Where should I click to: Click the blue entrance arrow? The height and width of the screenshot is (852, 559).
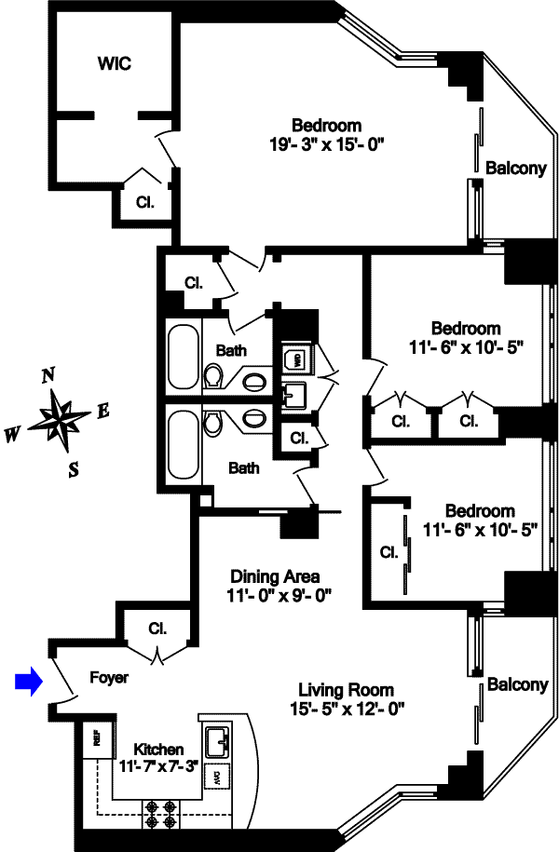coord(31,683)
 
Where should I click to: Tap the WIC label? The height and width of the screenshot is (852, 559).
coord(115,64)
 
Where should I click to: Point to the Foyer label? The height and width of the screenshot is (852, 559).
coord(109,678)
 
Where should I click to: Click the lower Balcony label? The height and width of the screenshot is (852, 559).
coord(518,685)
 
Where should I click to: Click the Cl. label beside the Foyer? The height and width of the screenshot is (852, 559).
coord(157,628)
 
